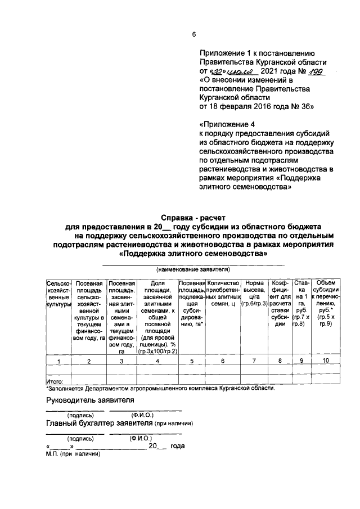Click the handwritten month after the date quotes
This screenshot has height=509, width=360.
coord(242,72)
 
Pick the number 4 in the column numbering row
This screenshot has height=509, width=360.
coord(157,361)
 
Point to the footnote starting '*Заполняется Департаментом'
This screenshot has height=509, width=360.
coord(160,388)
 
